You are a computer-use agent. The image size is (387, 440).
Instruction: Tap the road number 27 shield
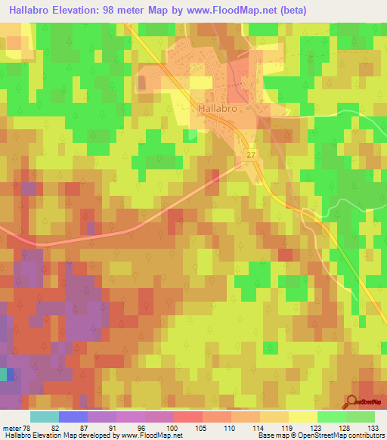(250, 154)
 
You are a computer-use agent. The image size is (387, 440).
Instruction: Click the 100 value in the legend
(173, 427)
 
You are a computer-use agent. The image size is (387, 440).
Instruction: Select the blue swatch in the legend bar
(73, 417)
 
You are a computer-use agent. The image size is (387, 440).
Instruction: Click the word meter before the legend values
(11, 427)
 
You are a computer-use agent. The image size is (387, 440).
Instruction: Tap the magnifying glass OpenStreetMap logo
(351, 401)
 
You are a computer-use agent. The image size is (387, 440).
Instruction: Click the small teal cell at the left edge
(4, 373)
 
